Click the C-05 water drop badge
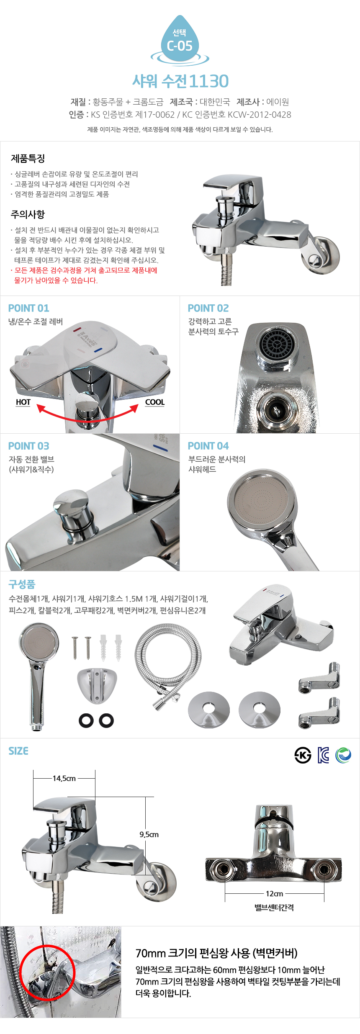[x=180, y=41]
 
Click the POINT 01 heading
[x=29, y=308]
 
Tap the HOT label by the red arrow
[x=23, y=402]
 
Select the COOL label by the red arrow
[x=155, y=402]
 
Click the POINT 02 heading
[x=208, y=308]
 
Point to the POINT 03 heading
[x=29, y=446]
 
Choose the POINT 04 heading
[x=208, y=446]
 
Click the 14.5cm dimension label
[x=64, y=778]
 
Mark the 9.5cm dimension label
[x=149, y=834]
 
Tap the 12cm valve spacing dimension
[x=275, y=893]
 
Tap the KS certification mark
[x=303, y=755]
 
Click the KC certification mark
[x=323, y=755]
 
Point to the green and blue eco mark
[x=343, y=755]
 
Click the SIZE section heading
[x=18, y=751]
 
